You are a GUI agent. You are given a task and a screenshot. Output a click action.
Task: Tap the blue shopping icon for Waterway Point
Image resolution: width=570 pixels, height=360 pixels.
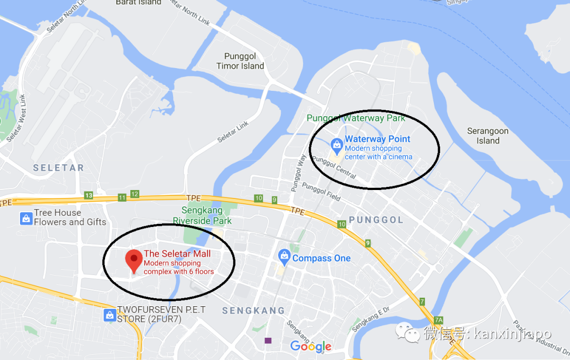337,144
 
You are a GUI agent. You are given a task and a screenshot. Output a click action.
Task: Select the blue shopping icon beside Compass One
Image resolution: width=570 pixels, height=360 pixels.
284,258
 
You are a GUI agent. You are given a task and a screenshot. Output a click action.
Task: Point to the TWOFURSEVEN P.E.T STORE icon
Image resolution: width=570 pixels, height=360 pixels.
109,315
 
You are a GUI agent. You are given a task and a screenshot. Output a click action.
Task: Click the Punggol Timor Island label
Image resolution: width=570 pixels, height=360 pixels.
240,61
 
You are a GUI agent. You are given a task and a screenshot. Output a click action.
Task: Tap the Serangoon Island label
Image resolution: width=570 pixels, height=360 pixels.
488,136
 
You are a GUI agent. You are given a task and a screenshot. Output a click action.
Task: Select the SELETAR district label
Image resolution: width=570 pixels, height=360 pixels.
59,168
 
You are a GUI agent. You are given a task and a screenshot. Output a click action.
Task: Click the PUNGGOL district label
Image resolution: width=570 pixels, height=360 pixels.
376,220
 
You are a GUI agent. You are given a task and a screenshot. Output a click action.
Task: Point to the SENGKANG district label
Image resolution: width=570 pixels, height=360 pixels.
253,311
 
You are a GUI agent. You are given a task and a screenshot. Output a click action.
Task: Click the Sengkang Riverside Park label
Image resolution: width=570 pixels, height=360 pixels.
202,215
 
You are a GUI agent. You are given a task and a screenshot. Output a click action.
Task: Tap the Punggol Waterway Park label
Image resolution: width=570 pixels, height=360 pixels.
356,118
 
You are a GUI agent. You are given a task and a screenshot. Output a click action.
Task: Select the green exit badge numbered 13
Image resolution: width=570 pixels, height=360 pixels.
89,196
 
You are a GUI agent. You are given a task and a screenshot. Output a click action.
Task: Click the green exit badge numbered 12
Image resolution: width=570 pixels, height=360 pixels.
135,194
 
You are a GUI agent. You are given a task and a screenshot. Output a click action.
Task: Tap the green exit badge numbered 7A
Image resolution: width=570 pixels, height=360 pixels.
439,320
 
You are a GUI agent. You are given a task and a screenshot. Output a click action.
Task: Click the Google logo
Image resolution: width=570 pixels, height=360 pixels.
311,346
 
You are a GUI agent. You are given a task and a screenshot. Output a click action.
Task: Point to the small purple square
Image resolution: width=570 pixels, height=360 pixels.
269,341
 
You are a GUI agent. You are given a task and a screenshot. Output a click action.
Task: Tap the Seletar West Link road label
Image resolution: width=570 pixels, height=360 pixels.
15,117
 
